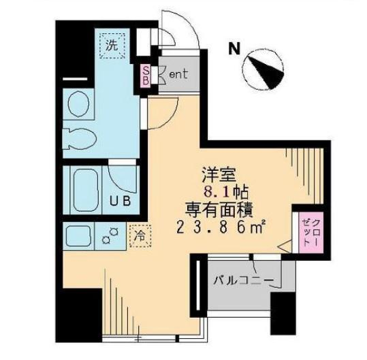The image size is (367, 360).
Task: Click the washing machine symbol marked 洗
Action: point(112,46)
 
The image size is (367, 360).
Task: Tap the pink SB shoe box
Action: point(145,76)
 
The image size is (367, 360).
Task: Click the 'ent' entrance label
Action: point(178,74)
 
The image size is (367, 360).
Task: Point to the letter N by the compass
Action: point(234,48)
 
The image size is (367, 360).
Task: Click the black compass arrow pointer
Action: point(267,72)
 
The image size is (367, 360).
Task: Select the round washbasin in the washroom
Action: point(78,103)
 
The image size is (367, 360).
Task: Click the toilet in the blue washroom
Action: point(80,139)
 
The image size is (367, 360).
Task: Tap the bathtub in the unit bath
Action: point(86,190)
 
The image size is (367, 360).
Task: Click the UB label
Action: point(121,201)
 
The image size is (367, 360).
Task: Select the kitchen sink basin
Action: point(78,235)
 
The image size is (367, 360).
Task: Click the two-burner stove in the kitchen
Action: point(110,235)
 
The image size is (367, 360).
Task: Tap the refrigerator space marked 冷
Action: point(140,236)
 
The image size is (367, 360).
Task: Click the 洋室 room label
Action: point(219,175)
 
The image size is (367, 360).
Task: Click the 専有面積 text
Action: point(219,210)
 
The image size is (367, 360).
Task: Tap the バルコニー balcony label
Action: point(244,280)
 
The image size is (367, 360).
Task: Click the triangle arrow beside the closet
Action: point(285,246)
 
